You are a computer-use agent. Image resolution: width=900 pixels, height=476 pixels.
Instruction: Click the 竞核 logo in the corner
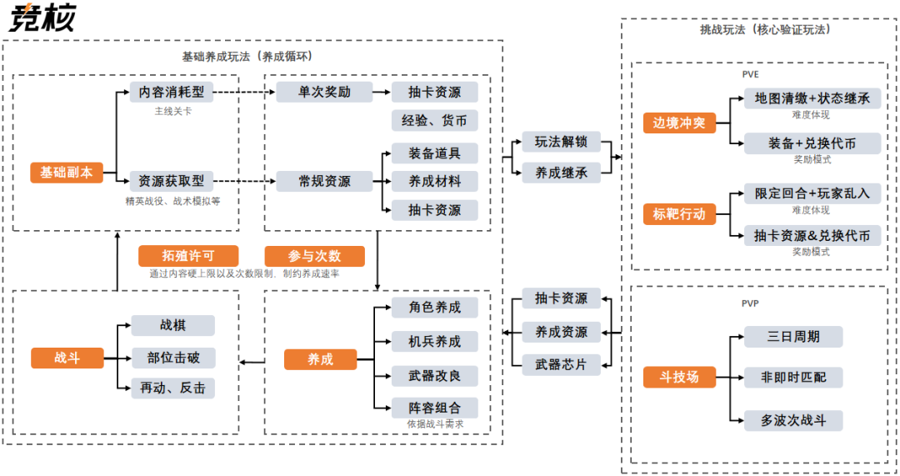[42, 18]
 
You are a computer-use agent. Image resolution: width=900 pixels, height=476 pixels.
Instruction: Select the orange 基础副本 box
[67, 173]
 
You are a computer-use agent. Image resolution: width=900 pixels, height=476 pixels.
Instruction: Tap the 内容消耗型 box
[171, 92]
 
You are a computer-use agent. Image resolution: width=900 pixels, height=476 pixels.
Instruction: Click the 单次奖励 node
[324, 92]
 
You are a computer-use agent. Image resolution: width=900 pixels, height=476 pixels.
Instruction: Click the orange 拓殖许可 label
[188, 256]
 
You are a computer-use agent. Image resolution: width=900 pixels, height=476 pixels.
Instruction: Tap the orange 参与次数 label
[314, 256]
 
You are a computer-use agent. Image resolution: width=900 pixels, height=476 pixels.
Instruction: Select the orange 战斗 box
[67, 358]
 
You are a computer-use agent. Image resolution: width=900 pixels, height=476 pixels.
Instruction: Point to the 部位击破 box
[173, 358]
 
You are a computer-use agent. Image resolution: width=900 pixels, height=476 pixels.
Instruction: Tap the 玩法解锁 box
[561, 142]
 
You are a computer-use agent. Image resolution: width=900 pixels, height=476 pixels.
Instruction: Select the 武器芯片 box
[561, 364]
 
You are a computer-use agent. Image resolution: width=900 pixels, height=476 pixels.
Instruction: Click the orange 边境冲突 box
[678, 123]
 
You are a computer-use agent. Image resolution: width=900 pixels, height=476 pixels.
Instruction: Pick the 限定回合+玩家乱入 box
[812, 193]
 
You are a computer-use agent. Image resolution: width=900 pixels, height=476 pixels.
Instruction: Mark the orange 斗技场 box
[678, 377]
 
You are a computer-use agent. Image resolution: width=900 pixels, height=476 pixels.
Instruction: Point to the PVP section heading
[750, 304]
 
